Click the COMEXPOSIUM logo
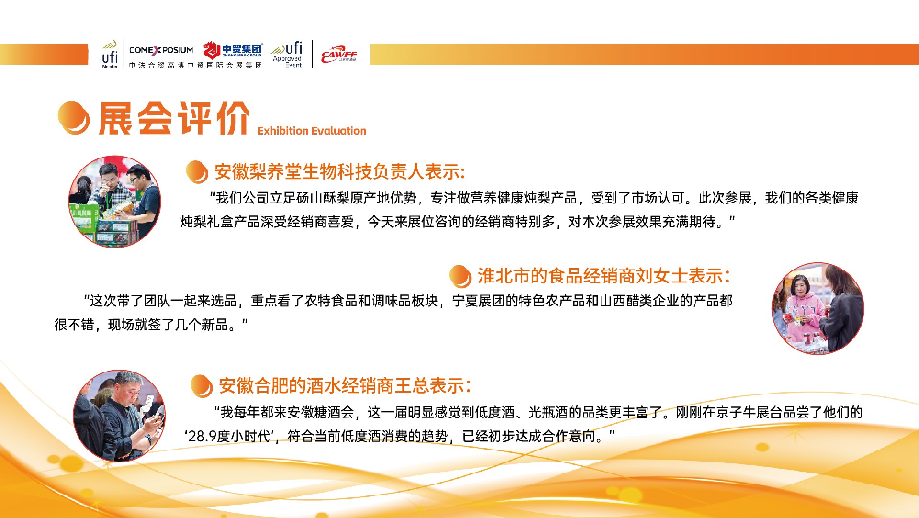[161, 50]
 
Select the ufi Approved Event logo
[287, 54]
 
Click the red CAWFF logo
[339, 54]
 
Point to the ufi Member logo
[110, 54]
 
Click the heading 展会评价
[174, 118]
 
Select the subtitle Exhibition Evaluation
[312, 131]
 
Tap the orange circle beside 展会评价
[73, 118]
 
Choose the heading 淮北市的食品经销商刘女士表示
[604, 276]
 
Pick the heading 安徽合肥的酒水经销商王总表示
[345, 386]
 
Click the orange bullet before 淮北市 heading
[460, 277]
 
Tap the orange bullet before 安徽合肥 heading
[201, 386]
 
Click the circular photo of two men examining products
[115, 201]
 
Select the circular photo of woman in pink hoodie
[818, 309]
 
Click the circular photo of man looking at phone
[120, 416]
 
